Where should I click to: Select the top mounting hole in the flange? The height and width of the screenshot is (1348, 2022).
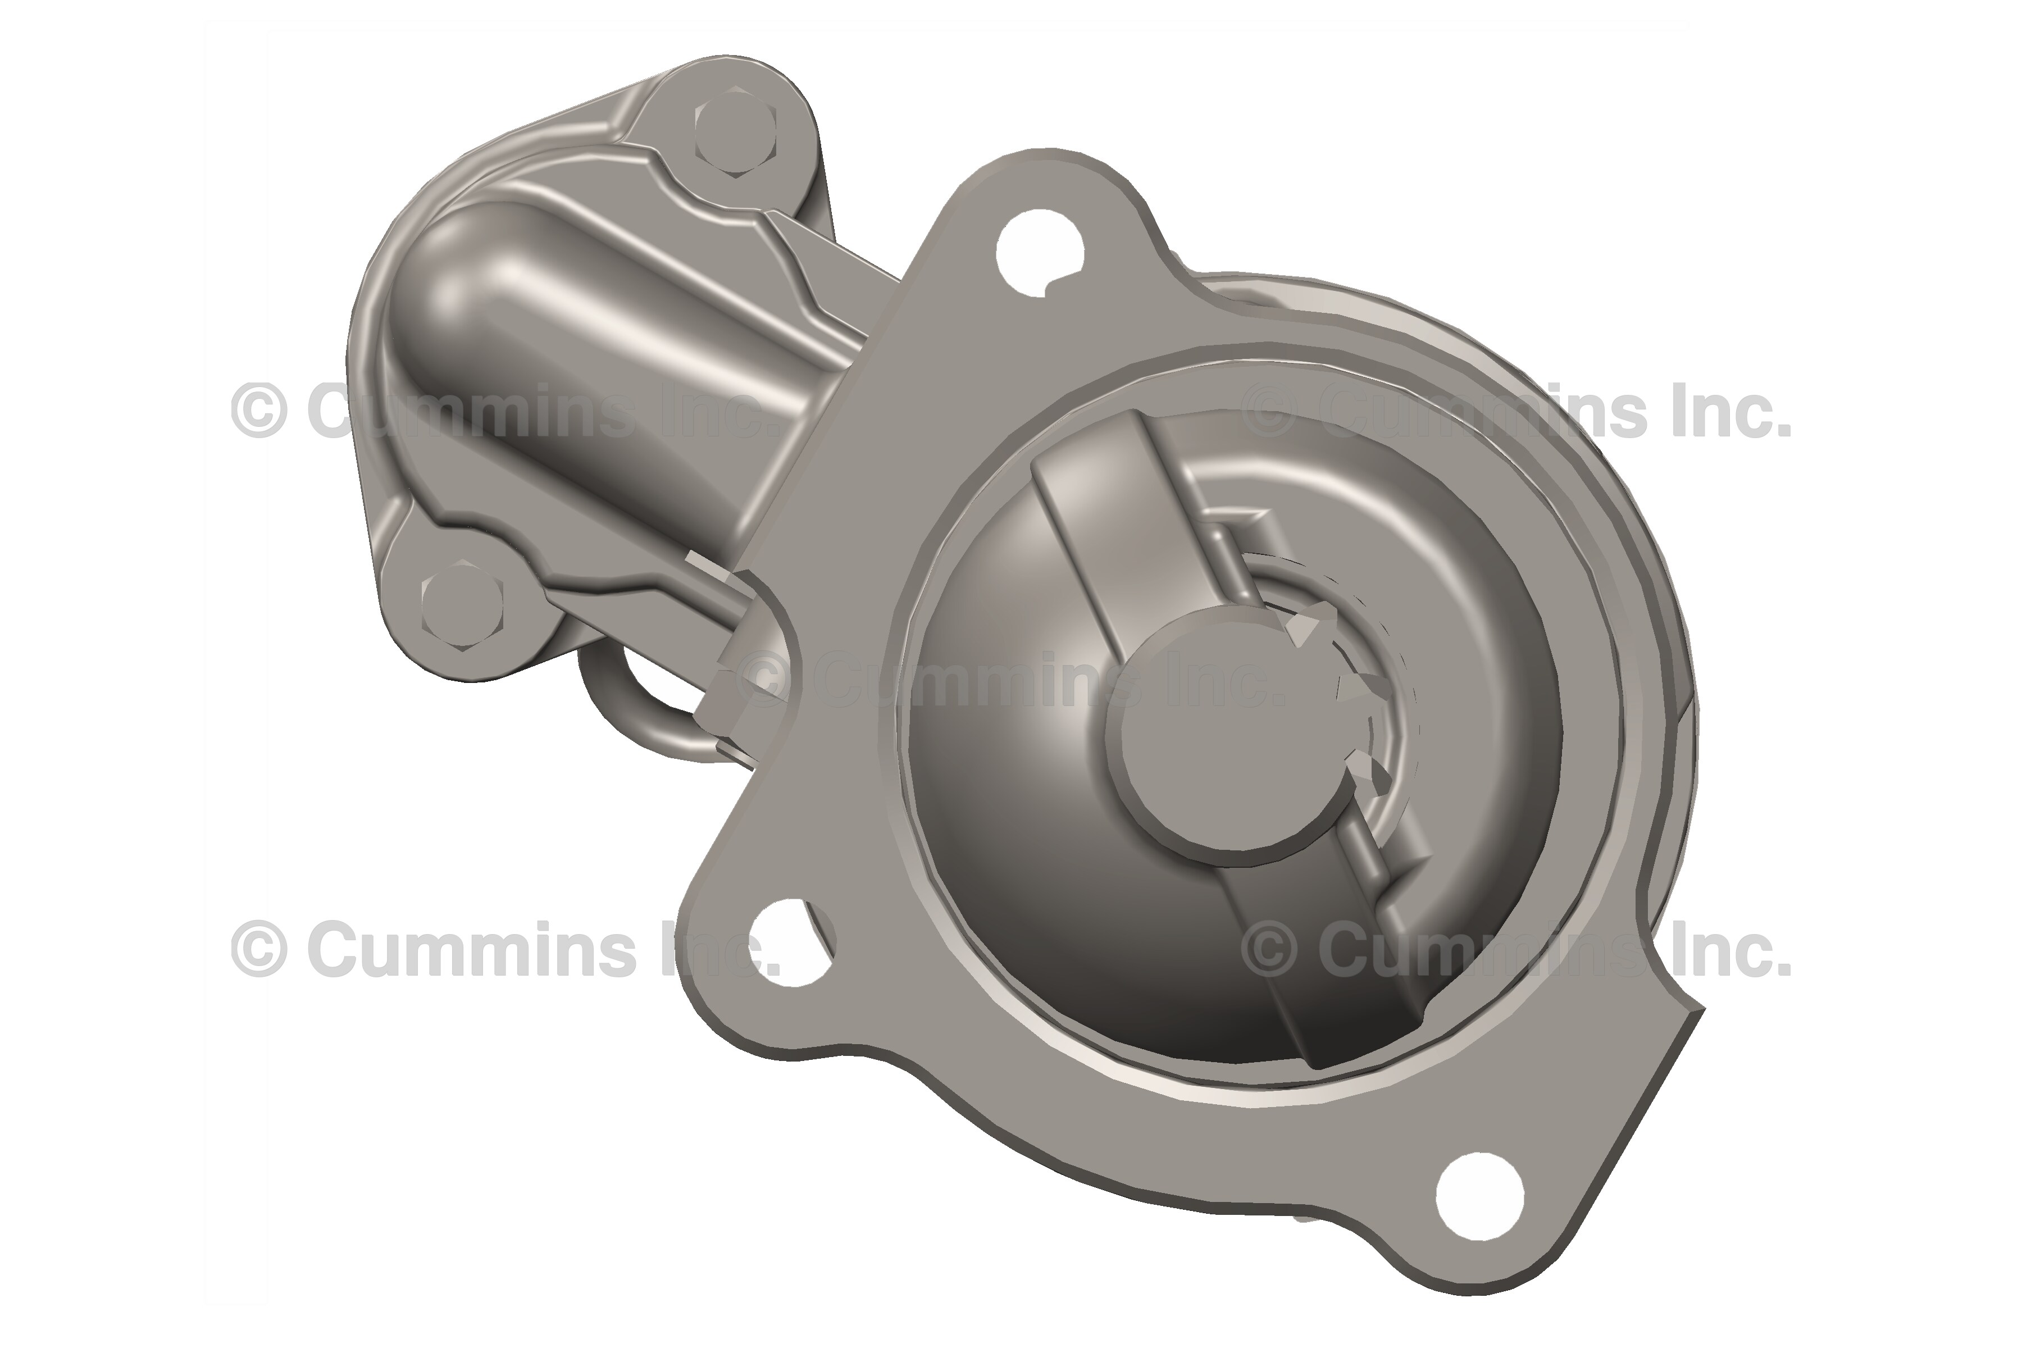pos(1039,251)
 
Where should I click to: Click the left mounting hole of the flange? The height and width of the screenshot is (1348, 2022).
pos(789,941)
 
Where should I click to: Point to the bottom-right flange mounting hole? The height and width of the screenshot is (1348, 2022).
pos(1479,1196)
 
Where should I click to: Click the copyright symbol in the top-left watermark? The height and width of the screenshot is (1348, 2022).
pos(258,411)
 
